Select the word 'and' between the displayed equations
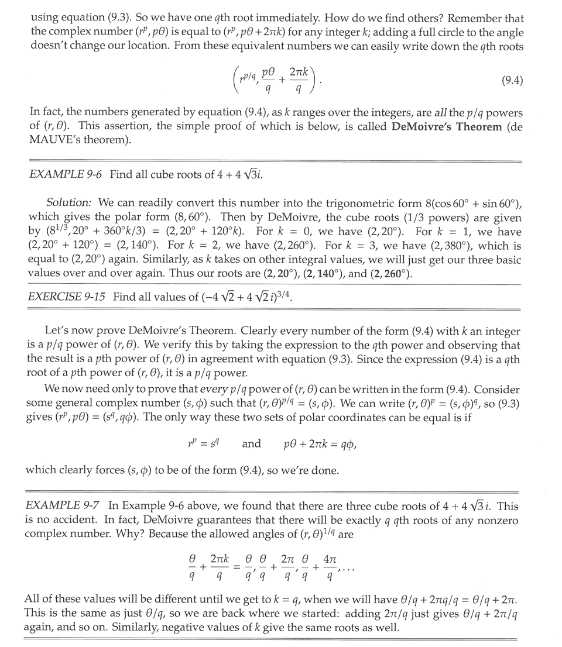[252, 444]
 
